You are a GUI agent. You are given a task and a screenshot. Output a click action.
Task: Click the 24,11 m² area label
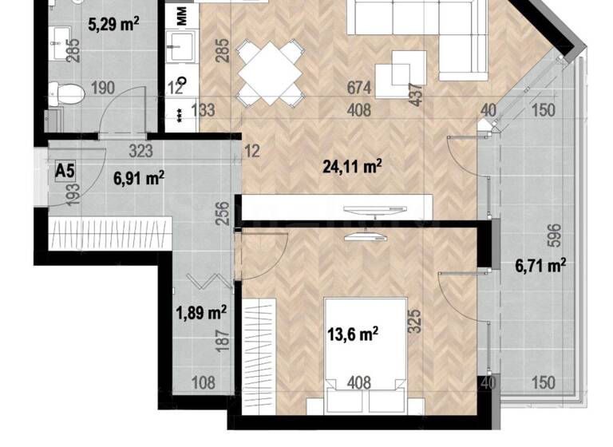[352, 167]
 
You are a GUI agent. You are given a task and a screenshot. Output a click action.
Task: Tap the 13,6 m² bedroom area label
[352, 332]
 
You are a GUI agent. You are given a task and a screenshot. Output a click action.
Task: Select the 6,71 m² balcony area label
[540, 265]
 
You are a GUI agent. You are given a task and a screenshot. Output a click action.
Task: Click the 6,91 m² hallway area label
[140, 177]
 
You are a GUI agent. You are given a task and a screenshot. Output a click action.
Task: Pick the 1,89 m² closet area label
[200, 312]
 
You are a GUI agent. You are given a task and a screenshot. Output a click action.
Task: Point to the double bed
[363, 343]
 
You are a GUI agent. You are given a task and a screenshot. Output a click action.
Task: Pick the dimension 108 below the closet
[205, 382]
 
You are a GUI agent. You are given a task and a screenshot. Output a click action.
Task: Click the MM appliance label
[183, 15]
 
